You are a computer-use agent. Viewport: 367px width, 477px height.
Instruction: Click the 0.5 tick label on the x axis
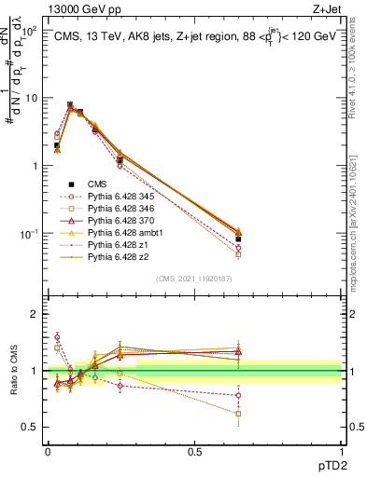pos(194,450)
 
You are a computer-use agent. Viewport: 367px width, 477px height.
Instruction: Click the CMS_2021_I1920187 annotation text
pos(194,278)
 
